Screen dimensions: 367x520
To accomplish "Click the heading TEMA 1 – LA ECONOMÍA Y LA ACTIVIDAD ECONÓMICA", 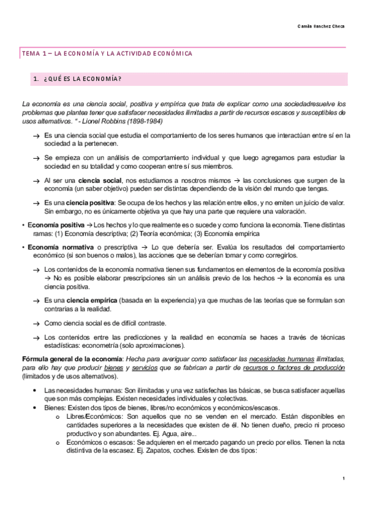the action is (107, 53).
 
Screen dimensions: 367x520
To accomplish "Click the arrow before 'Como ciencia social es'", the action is (38, 323).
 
